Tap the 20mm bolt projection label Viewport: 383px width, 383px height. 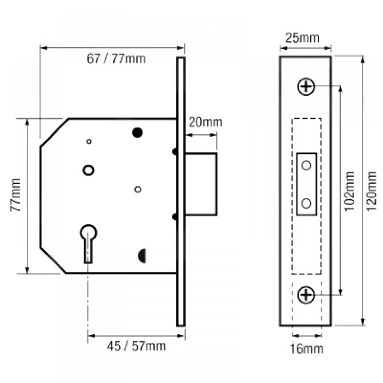pyautogui.click(x=205, y=123)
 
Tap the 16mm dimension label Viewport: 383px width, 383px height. pyautogui.click(x=306, y=349)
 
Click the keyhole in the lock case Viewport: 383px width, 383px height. pyautogui.click(x=88, y=241)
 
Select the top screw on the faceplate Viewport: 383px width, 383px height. pyautogui.click(x=306, y=87)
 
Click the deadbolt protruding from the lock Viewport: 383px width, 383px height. pyautogui.click(x=201, y=184)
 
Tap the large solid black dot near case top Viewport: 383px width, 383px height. pyautogui.click(x=137, y=133)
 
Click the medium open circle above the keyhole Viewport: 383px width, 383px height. pyautogui.click(x=89, y=170)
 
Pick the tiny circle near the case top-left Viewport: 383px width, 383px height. pyautogui.click(x=89, y=141)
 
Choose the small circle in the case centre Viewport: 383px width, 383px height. pyautogui.click(x=138, y=189)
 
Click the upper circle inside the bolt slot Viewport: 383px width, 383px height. pyautogui.click(x=306, y=165)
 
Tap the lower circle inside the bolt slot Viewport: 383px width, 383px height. pyautogui.click(x=306, y=203)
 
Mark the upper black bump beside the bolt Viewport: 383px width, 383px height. pyautogui.click(x=175, y=152)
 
